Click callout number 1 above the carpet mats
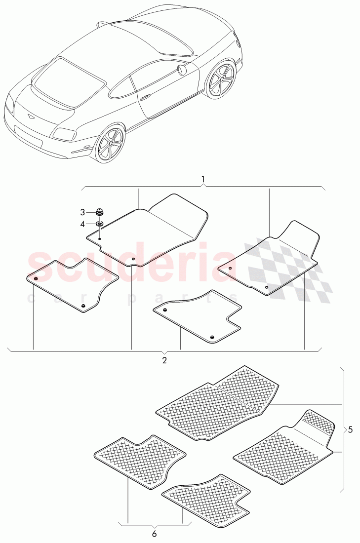pos(203,179)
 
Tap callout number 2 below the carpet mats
pos(164,360)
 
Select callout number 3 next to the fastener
pos(82,212)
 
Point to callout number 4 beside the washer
pos(82,224)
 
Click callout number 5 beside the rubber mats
pos(350,429)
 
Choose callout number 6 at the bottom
pos(154,534)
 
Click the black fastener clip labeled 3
pos(100,212)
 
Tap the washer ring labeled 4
pos(100,224)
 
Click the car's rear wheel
pos(110,145)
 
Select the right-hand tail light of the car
pos(64,133)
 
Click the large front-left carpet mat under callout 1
pos(148,230)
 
